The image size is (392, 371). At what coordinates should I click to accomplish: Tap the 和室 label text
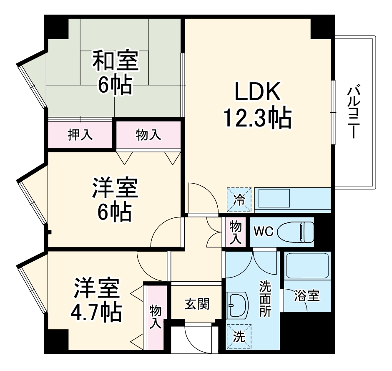[115, 61]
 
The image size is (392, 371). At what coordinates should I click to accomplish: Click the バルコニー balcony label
[354, 111]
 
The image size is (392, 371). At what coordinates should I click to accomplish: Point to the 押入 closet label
[80, 135]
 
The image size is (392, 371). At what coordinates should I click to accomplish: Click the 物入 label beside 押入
[148, 135]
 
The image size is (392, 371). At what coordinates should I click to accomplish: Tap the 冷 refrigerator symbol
[239, 199]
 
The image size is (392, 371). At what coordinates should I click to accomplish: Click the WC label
[264, 232]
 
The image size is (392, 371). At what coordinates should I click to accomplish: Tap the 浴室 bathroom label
[307, 296]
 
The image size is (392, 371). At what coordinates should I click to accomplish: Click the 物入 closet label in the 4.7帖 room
[156, 316]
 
